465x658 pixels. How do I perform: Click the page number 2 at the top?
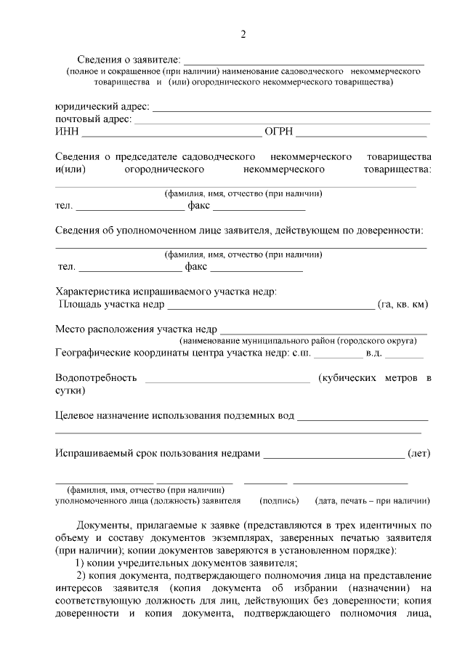[x=243, y=34]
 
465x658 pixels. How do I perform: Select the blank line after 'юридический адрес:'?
[x=291, y=109]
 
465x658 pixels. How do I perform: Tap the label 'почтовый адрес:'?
[x=94, y=119]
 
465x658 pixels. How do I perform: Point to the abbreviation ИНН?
[x=67, y=132]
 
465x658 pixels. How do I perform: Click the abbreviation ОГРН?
[x=279, y=132]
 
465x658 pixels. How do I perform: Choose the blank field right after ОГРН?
[x=361, y=135]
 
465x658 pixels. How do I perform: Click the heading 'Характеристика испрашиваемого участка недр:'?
[x=166, y=291]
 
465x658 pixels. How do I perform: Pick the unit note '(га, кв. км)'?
[x=403, y=304]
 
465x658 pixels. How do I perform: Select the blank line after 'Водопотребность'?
[x=227, y=380]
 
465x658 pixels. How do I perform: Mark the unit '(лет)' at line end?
[x=419, y=454]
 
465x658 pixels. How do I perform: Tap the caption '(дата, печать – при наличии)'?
[x=372, y=501]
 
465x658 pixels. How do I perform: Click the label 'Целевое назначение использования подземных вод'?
[x=175, y=416]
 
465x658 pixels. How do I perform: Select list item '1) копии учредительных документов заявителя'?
[x=187, y=563]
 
